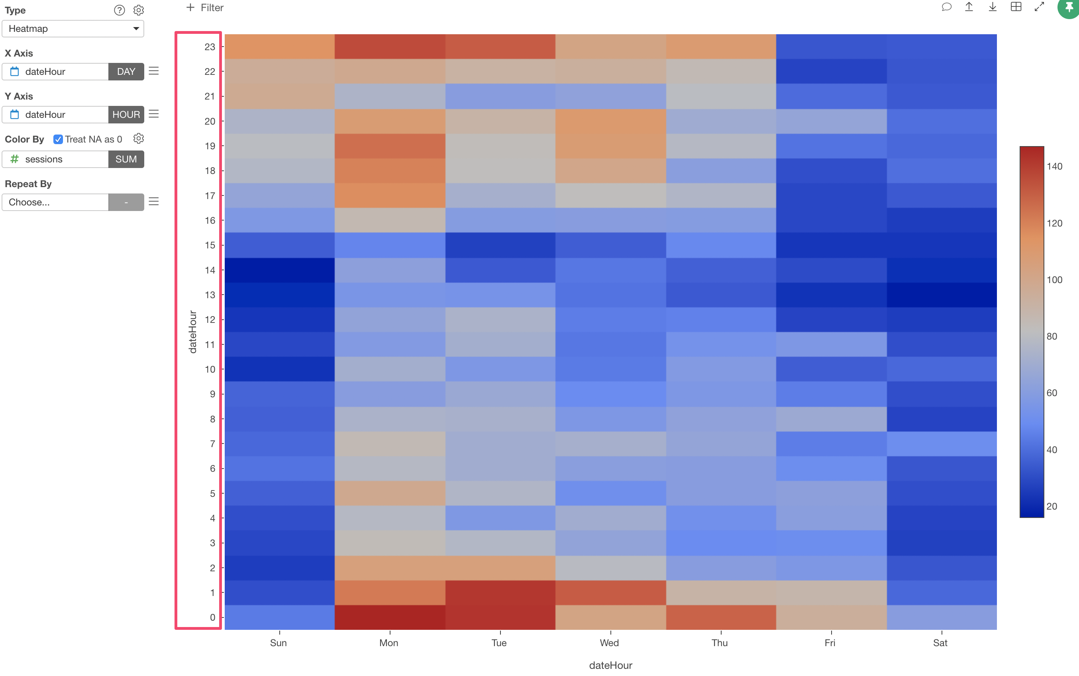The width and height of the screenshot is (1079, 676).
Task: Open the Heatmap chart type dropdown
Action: click(x=73, y=29)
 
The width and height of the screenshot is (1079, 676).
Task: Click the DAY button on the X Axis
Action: click(x=126, y=72)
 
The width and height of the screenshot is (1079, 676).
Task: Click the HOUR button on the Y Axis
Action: click(x=126, y=114)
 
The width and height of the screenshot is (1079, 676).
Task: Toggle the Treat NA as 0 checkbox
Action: click(x=58, y=139)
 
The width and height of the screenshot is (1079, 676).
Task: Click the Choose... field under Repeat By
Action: click(x=55, y=202)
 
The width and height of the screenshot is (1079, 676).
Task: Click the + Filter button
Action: click(x=205, y=8)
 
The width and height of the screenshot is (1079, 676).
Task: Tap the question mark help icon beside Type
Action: click(x=119, y=10)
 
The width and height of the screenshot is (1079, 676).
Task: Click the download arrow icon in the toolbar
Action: click(x=992, y=7)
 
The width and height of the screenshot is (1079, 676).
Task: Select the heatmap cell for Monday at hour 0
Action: click(x=390, y=617)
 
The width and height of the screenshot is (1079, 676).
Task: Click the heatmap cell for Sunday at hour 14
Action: click(x=280, y=270)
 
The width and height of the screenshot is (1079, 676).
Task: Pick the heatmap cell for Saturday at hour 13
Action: click(x=942, y=295)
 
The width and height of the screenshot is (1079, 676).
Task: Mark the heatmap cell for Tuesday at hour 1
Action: click(x=500, y=592)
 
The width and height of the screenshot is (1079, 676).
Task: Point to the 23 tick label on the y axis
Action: click(x=210, y=47)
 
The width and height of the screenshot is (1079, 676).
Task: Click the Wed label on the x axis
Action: click(x=609, y=643)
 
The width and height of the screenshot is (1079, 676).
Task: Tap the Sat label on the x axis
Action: click(x=940, y=643)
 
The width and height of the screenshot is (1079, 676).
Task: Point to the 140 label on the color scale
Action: click(x=1054, y=166)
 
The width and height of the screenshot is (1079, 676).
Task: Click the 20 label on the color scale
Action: click(x=1052, y=506)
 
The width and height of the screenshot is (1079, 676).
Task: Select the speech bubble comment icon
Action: click(x=946, y=7)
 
